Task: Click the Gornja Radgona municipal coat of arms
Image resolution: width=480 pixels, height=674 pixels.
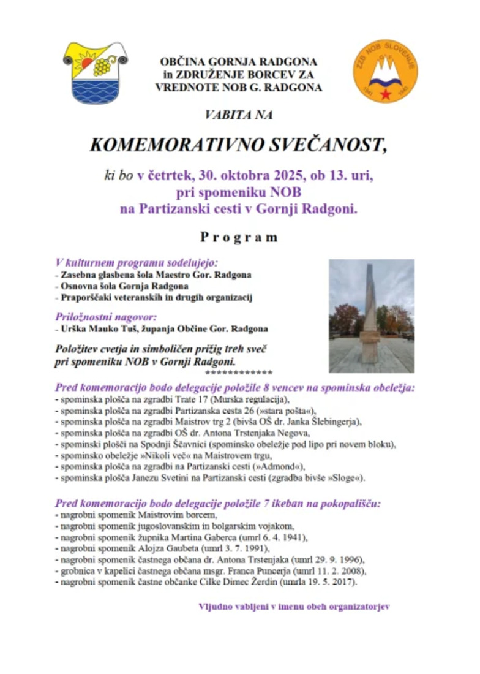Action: pyautogui.click(x=95, y=73)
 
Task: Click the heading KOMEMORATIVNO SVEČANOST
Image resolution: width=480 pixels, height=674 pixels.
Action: pyautogui.click(x=239, y=145)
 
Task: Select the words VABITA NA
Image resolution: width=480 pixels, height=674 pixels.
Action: pyautogui.click(x=239, y=115)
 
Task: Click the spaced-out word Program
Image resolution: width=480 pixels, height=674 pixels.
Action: pyautogui.click(x=239, y=237)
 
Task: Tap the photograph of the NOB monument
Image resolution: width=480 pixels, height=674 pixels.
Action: pyautogui.click(x=371, y=316)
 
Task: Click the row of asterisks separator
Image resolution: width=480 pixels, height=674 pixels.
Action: pyautogui.click(x=239, y=373)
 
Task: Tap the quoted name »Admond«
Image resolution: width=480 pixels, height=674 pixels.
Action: pyautogui.click(x=261, y=466)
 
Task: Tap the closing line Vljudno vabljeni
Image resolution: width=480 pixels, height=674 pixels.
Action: pyautogui.click(x=294, y=607)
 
